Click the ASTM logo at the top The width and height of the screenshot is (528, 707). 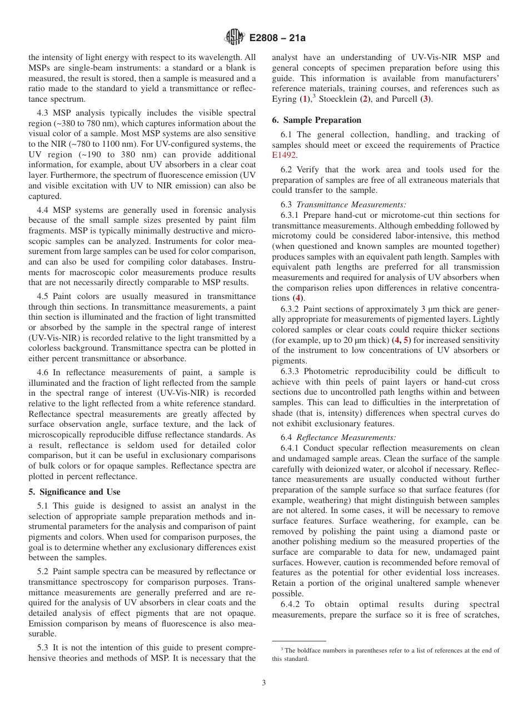pos(234,37)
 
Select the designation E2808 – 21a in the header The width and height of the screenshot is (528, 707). pos(277,38)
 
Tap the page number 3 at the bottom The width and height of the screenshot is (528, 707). pos(264,683)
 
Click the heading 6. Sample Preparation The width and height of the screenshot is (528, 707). pos(316,120)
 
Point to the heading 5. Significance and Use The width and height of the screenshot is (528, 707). pos(74,492)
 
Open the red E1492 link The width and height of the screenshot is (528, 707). pos(284,155)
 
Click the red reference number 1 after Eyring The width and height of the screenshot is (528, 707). pos(303,99)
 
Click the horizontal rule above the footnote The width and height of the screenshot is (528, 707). pos(299,641)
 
